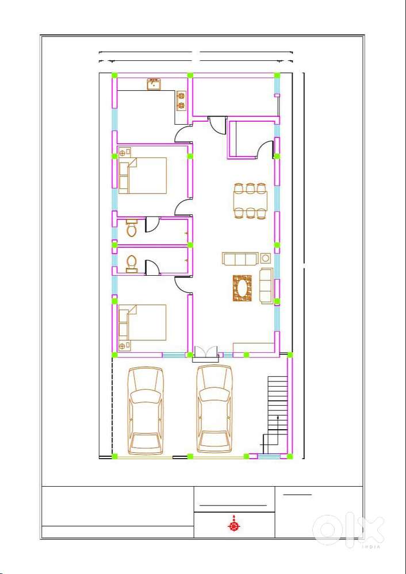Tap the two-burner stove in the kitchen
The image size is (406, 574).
[181, 101]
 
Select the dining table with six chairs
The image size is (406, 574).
[250, 201]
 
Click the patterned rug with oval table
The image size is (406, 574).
[243, 288]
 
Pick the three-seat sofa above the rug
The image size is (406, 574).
[239, 259]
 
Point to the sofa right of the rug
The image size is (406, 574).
[266, 286]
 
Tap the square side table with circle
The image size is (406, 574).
[265, 258]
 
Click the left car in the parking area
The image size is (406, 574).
[146, 411]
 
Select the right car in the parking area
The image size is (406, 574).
[215, 409]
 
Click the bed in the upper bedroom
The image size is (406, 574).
[143, 175]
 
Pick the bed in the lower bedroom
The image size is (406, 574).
[143, 322]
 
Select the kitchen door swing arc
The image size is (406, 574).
[183, 134]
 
